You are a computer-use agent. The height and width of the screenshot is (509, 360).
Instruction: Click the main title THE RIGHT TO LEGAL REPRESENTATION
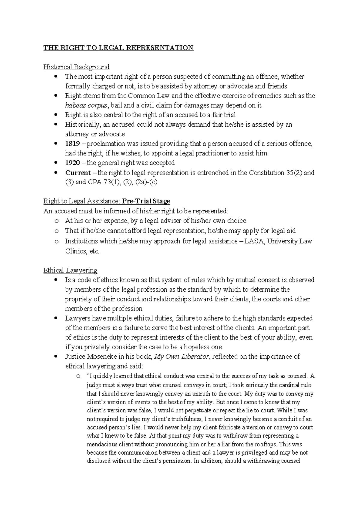[x=118, y=48]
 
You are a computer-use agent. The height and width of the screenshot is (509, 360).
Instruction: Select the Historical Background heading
[x=76, y=67]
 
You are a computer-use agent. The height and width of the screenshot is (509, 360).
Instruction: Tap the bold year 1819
[x=72, y=144]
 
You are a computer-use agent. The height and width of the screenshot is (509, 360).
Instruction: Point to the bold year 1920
[x=72, y=163]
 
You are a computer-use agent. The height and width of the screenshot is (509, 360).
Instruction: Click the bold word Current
[x=78, y=173]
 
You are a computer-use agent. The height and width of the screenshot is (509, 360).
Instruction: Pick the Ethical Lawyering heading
[x=70, y=270]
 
